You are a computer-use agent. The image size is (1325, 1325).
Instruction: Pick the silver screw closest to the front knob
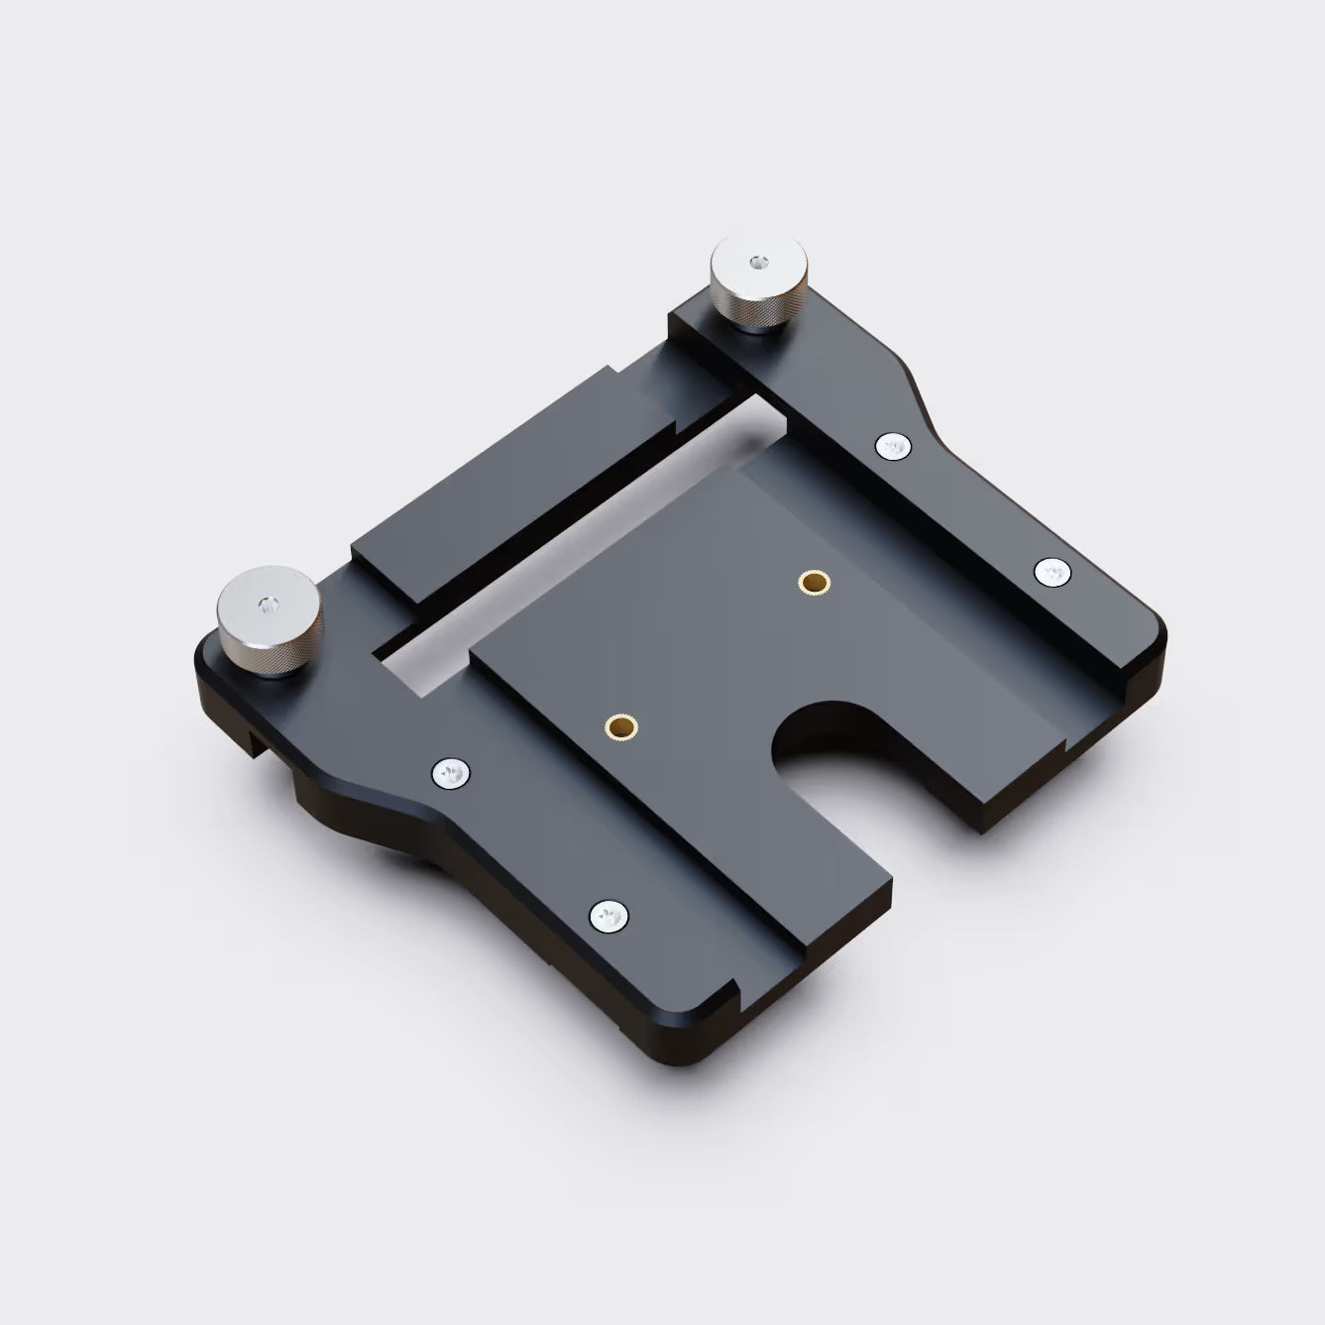pos(451,773)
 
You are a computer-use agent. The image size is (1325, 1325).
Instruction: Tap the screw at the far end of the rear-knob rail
pos(1052,572)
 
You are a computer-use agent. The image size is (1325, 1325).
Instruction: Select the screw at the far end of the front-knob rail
pos(608,918)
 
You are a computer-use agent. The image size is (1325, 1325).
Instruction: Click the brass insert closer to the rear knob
pos(815,582)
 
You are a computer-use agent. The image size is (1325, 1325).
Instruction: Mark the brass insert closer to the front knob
pos(621,726)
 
